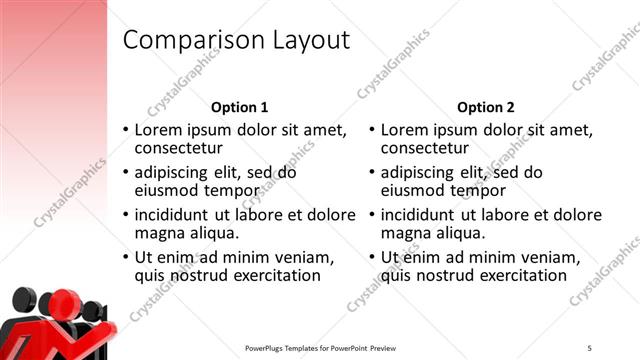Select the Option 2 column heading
486,107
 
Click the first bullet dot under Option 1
125,131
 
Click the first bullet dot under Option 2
372,131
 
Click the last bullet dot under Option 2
372,257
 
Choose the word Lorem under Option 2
405,130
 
